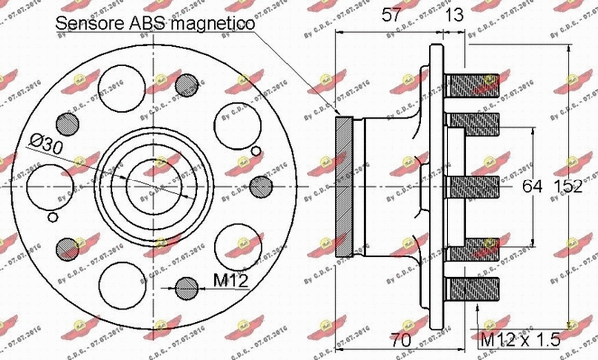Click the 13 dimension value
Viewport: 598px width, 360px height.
click(455, 14)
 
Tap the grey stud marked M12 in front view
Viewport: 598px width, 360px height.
click(187, 289)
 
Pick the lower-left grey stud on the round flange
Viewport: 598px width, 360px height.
click(67, 245)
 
